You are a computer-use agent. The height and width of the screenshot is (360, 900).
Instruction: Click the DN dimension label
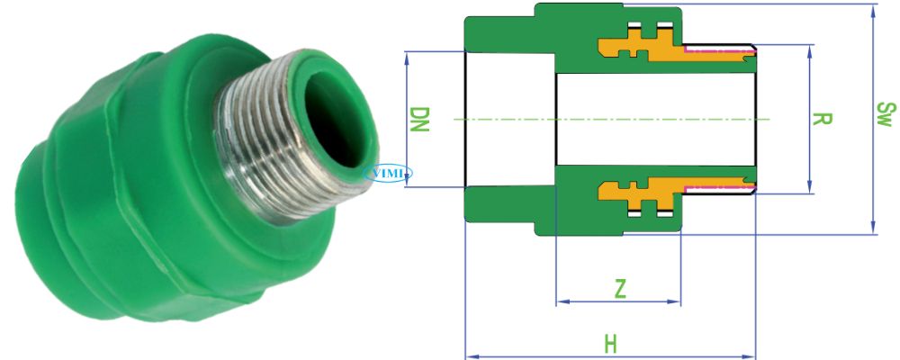[x=419, y=119]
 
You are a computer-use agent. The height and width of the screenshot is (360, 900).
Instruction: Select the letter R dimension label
[x=821, y=119]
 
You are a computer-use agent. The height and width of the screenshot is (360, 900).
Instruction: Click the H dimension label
[x=611, y=343]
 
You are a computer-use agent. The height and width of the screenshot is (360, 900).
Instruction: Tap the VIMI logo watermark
[x=388, y=172]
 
